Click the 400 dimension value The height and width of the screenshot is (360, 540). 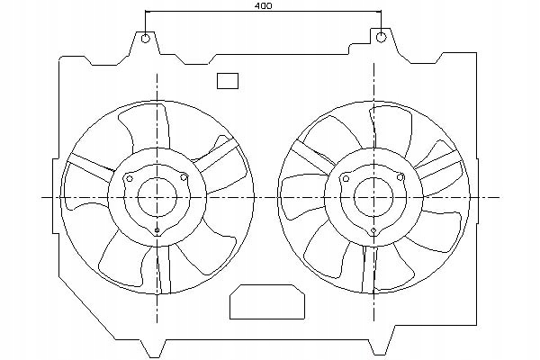click(x=264, y=6)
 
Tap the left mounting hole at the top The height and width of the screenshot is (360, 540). click(x=146, y=38)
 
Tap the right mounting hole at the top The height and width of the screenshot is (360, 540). click(x=382, y=37)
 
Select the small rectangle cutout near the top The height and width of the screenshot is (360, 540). click(x=228, y=81)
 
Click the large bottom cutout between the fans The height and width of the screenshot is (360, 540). click(x=267, y=301)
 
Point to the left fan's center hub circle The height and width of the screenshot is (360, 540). click(x=157, y=197)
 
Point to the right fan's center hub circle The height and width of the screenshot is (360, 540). click(x=373, y=197)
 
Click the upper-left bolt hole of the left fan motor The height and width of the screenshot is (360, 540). click(x=130, y=178)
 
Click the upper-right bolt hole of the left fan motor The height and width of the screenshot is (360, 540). click(x=184, y=178)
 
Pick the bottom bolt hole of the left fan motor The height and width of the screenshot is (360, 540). click(x=157, y=230)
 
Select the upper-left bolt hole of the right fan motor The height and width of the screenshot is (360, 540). click(x=346, y=178)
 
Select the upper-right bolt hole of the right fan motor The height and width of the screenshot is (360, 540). click(x=400, y=177)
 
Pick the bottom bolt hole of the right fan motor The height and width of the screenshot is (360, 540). click(x=373, y=230)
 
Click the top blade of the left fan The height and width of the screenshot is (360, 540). click(x=148, y=128)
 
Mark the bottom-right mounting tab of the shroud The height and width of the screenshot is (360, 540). click(x=381, y=346)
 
